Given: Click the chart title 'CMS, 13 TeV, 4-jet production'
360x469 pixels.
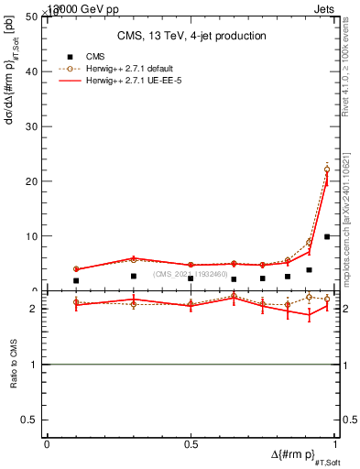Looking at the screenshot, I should (x=191, y=37).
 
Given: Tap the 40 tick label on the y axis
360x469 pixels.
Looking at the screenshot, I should (x=34, y=71).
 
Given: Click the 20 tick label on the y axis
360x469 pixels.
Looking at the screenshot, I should (x=34, y=181).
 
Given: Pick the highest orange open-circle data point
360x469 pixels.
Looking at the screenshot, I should (x=327, y=169).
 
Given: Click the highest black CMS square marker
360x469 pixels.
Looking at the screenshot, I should (x=327, y=236).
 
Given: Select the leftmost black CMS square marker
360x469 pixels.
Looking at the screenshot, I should (x=75, y=280).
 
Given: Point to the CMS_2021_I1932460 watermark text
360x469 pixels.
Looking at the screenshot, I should (x=191, y=274).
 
